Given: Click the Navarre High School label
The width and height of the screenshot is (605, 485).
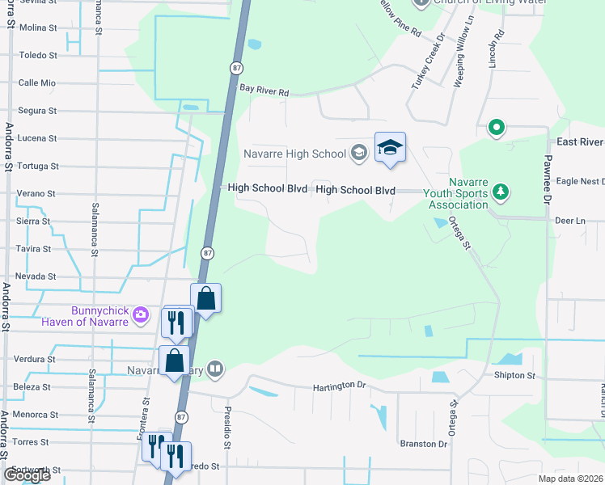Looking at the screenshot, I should [294, 152].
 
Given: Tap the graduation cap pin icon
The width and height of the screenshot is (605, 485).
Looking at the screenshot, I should [390, 148].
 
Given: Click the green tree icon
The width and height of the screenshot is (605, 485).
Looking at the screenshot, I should [501, 191].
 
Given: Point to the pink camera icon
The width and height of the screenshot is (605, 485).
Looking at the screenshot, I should [142, 314].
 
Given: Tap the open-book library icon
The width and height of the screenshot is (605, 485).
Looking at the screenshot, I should [214, 371].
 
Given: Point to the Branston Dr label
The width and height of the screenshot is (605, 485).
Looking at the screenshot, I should [423, 444].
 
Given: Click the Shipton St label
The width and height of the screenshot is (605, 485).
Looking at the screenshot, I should [514, 376].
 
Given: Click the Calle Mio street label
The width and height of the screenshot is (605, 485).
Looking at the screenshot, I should [37, 83].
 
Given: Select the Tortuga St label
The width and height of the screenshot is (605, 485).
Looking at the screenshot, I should [38, 166].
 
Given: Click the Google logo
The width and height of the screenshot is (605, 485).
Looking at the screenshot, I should [27, 475].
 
